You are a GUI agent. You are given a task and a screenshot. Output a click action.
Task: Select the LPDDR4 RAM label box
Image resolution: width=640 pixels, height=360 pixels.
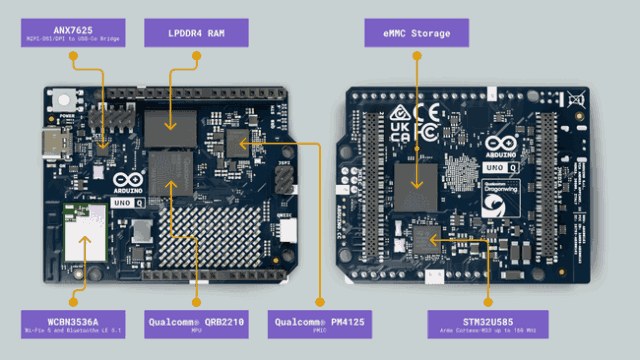(x=197, y=33)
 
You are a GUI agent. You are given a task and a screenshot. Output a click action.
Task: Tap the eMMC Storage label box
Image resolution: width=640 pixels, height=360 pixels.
(x=417, y=33)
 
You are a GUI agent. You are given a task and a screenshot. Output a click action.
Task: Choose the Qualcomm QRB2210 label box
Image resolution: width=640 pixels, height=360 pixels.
(x=197, y=322)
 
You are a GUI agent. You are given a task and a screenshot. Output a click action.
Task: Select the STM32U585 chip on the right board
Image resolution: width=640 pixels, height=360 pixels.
(x=428, y=238)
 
